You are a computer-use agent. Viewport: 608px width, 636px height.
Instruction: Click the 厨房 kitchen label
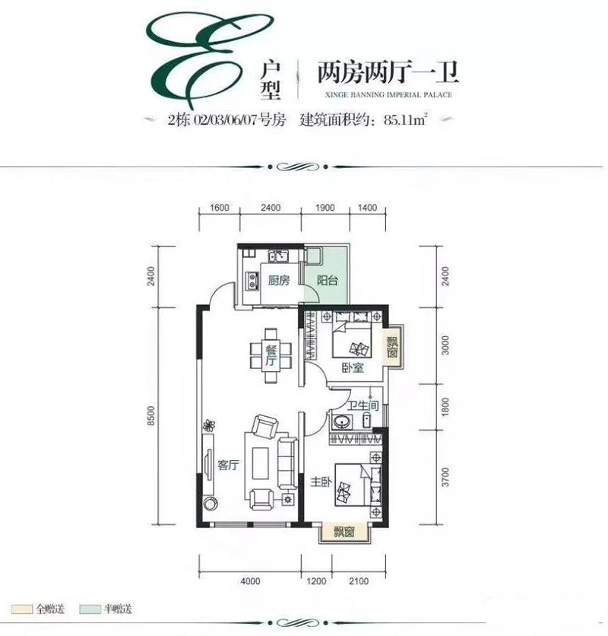279,281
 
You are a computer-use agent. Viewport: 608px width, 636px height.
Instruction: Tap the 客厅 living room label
229,467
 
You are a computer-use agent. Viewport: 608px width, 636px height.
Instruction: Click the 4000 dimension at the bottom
251,583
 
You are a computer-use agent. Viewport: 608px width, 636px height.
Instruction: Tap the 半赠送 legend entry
109,609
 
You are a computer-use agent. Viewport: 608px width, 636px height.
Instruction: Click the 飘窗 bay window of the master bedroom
344,533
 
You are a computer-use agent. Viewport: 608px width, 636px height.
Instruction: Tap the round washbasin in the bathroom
338,422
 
